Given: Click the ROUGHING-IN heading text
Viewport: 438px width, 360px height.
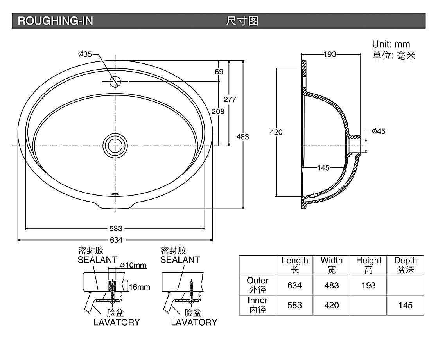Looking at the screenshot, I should [56, 21].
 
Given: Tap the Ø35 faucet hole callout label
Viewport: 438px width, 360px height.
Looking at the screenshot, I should [84, 54].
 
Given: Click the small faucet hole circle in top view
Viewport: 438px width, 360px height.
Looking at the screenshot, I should [115, 81].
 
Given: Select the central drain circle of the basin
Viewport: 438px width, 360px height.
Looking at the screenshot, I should [115, 145].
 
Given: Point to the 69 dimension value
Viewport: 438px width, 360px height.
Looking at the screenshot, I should [219, 72].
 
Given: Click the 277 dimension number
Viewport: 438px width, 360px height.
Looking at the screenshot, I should [230, 99].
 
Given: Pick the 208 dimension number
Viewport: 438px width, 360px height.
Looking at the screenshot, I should [218, 112].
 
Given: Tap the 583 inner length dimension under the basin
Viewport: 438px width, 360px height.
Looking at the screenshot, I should [115, 228].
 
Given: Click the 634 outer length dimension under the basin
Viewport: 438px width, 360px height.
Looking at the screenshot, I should [115, 240].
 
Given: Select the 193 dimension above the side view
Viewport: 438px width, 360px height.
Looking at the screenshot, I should [330, 54].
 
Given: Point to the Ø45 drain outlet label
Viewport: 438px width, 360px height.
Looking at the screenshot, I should [378, 131].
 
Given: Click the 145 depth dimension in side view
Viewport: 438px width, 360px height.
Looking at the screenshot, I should [323, 168].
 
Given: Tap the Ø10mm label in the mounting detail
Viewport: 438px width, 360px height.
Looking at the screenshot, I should [133, 265].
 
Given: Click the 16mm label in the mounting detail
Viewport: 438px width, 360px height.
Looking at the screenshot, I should [139, 287].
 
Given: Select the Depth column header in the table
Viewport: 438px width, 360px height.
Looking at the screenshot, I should [405, 265].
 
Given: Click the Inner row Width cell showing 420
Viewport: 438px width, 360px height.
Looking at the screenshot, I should [332, 305].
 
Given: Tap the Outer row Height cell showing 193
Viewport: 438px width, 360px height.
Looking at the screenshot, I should [368, 285].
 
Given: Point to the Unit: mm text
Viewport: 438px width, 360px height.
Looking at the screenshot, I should [391, 44].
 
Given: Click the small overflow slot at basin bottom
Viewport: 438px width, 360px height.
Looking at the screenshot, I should [115, 193].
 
